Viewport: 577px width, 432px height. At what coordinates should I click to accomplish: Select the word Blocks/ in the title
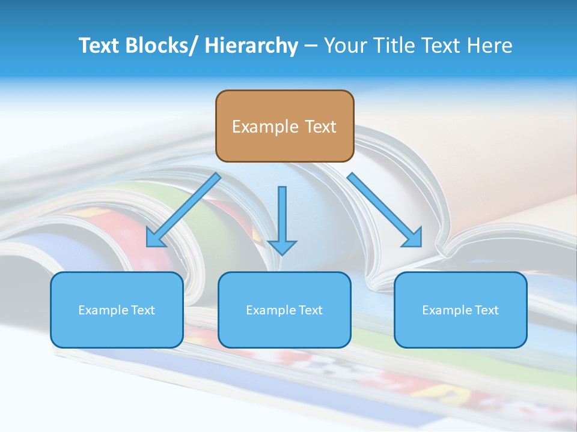click(x=157, y=46)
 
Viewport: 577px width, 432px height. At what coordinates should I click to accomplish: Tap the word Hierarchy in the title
click(x=251, y=46)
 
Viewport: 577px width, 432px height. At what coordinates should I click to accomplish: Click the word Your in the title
click(x=344, y=46)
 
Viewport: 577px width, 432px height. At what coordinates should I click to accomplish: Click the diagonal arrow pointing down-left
click(x=183, y=210)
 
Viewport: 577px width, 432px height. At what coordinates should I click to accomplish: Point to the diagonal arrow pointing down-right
click(x=385, y=210)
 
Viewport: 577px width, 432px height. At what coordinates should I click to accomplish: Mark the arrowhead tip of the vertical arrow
click(x=282, y=254)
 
